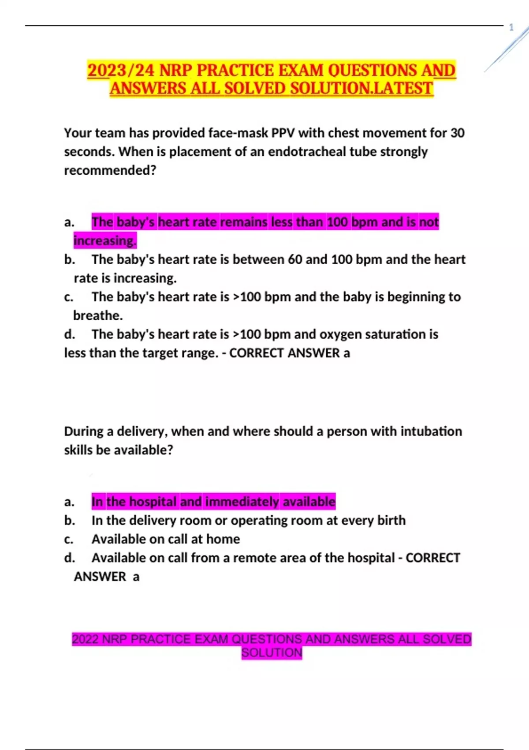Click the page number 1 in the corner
tap(511, 27)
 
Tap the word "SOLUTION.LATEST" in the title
tap(361, 89)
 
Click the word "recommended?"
tap(110, 170)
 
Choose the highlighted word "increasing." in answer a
tap(105, 241)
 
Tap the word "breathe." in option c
tap(98, 315)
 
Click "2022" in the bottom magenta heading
tap(85, 639)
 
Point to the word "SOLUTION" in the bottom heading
tap(272, 652)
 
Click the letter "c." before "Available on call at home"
tap(69, 540)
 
